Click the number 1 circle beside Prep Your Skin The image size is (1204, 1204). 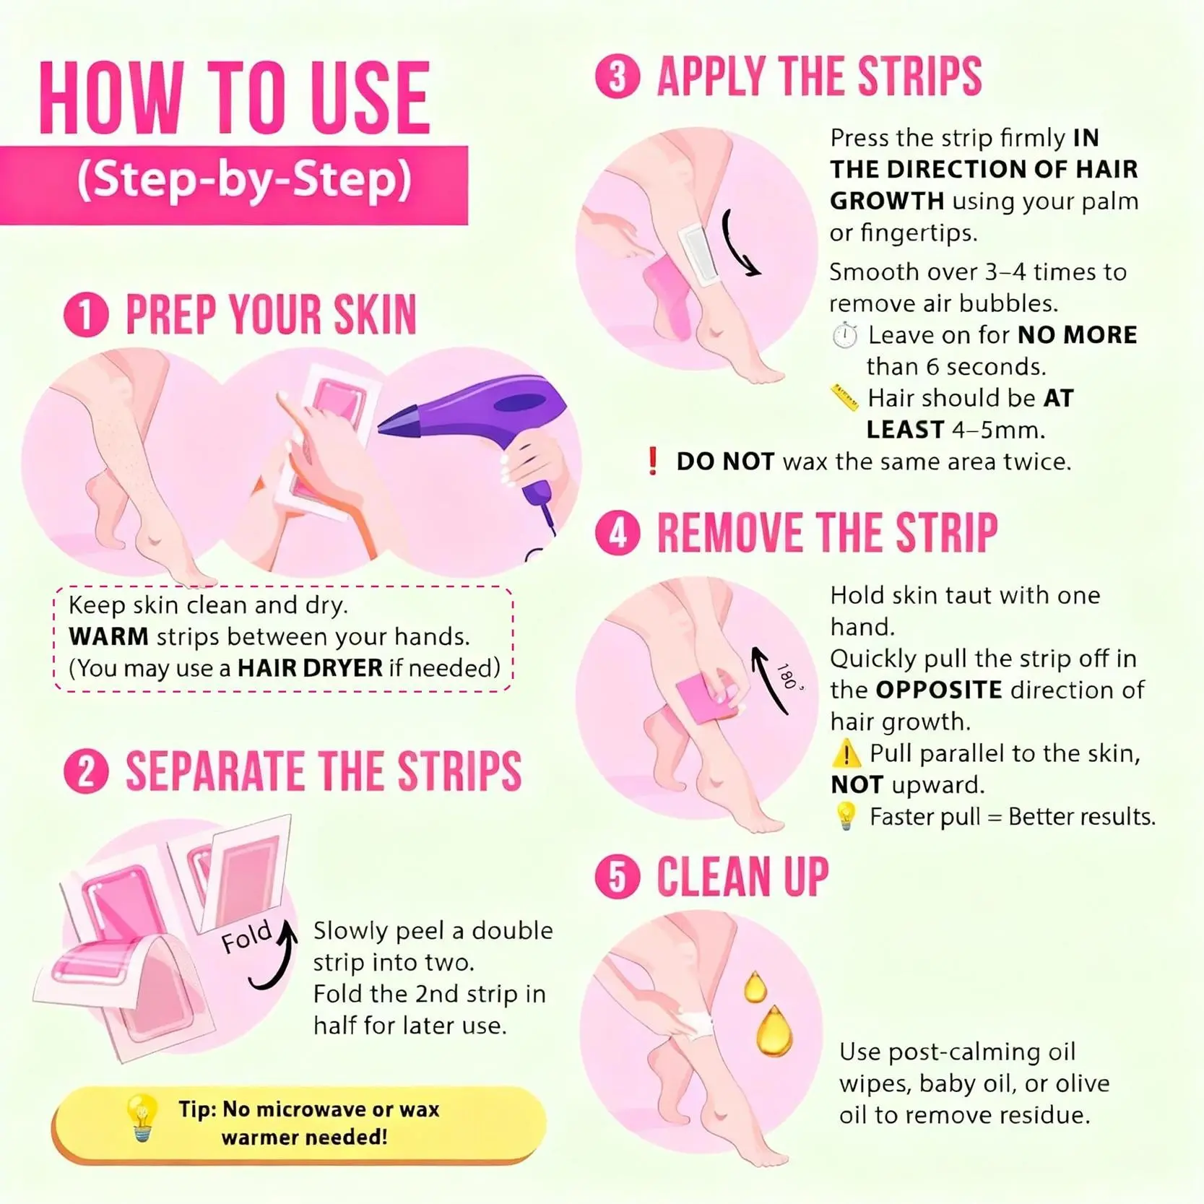coord(86,315)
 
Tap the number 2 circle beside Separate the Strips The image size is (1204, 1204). coord(86,771)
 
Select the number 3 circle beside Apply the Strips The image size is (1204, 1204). coord(618,77)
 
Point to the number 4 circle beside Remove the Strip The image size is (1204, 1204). coord(618,533)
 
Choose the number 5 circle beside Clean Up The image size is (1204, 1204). coord(618,878)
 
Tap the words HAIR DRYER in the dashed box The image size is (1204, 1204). coord(310,668)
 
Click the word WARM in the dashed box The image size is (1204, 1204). coord(108,636)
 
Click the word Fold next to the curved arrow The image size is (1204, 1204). coord(246,937)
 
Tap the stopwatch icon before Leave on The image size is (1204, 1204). coord(844,336)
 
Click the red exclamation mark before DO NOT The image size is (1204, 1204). coord(652,461)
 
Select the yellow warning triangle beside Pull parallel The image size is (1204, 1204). coord(846,754)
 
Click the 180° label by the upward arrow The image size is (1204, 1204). coord(789,676)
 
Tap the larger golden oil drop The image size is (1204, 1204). coord(774,1031)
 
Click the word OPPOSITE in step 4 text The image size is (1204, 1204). coord(939,690)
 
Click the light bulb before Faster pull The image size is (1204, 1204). coord(845,816)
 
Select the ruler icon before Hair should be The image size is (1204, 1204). coord(844,398)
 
